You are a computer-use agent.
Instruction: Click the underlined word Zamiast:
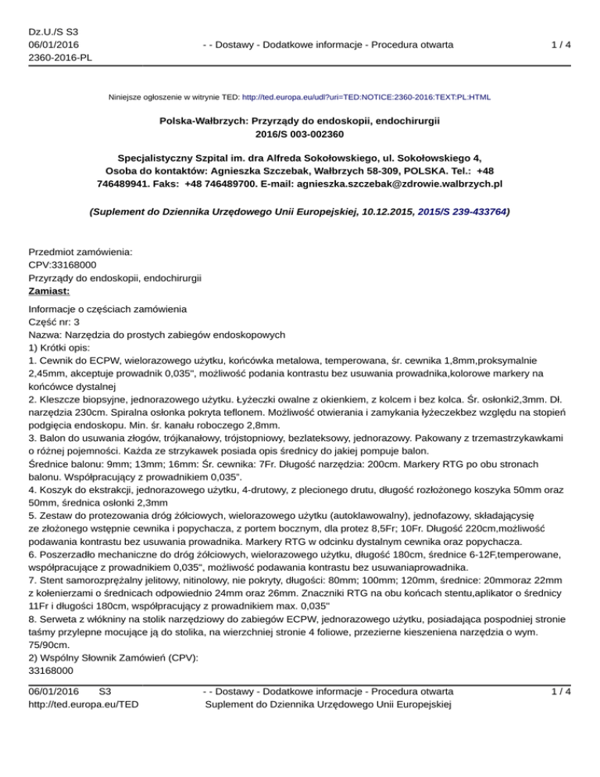coord(49,291)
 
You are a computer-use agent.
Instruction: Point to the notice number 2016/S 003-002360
coord(300,135)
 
